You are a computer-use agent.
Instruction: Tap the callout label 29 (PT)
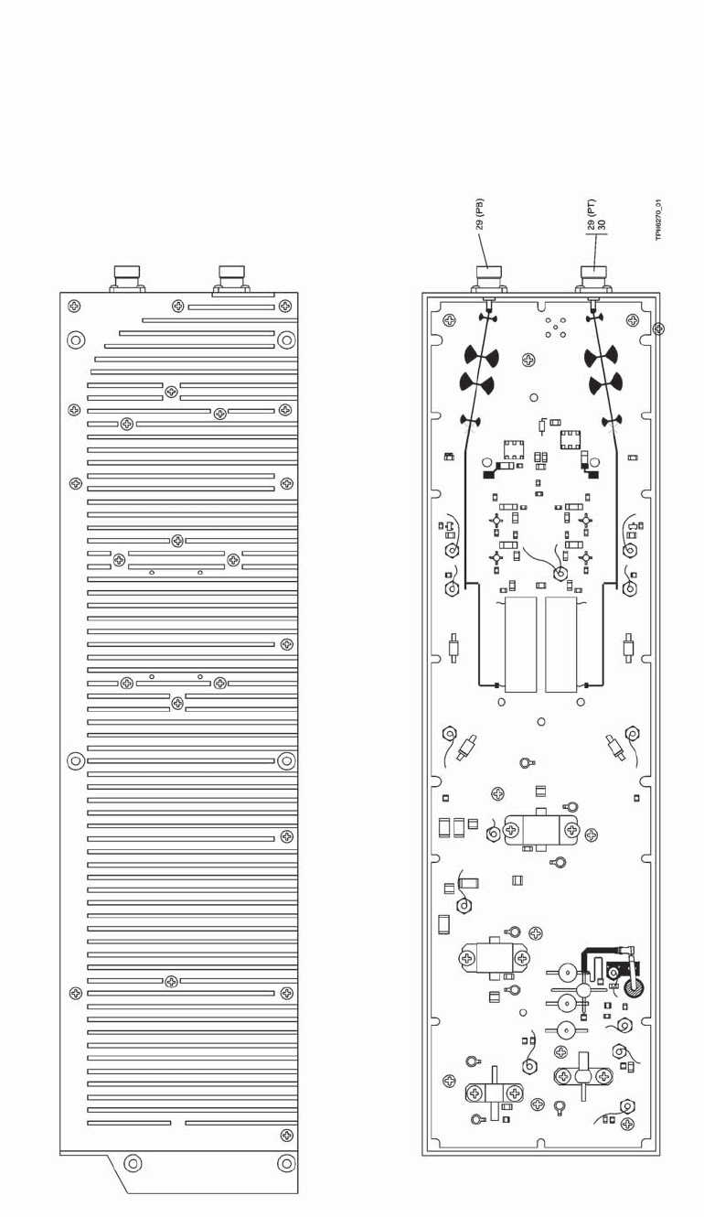click(x=592, y=213)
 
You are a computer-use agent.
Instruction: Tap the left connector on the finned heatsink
click(x=126, y=277)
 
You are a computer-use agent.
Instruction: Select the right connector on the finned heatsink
click(x=231, y=277)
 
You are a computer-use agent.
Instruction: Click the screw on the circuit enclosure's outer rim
click(x=657, y=328)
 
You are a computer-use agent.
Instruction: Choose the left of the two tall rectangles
click(x=520, y=645)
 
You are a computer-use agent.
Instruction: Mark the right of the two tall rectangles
click(x=560, y=645)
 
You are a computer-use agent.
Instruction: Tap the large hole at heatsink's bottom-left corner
click(x=133, y=1164)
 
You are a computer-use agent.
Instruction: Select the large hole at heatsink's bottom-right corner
click(x=286, y=1164)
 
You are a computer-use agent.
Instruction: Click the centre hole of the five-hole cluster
click(x=555, y=328)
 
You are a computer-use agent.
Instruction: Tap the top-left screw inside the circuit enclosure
click(x=449, y=320)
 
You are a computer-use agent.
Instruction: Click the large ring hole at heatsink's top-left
click(x=76, y=340)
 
